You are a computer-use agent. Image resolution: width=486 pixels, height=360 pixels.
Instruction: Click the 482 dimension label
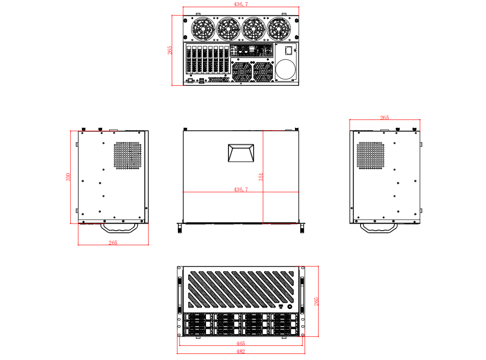click(x=240, y=351)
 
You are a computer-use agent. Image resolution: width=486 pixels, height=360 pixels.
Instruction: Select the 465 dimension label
click(x=240, y=343)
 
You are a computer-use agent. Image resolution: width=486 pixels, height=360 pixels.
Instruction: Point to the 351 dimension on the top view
click(x=261, y=177)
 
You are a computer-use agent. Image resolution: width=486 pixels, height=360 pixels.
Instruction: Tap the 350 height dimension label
click(x=68, y=177)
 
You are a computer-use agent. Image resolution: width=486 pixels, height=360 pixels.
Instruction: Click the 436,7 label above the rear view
click(x=240, y=4)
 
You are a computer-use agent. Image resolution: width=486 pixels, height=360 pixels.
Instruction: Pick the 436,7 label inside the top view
click(x=240, y=189)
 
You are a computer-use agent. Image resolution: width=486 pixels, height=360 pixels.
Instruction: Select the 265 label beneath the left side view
click(x=113, y=242)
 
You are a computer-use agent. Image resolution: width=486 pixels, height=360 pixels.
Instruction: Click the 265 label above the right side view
click(x=384, y=118)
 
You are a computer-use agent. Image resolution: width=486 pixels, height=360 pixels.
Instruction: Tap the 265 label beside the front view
click(x=316, y=301)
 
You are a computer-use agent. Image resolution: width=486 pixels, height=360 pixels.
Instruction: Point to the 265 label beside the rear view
click(x=170, y=50)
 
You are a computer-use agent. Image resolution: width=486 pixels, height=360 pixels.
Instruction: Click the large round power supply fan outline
click(x=286, y=70)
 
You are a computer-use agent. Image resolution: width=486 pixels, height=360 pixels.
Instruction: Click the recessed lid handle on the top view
click(x=240, y=153)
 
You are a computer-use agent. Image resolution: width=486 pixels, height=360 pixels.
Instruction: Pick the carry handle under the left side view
click(x=119, y=228)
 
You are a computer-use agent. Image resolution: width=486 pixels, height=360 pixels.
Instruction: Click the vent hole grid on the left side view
click(x=128, y=155)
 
